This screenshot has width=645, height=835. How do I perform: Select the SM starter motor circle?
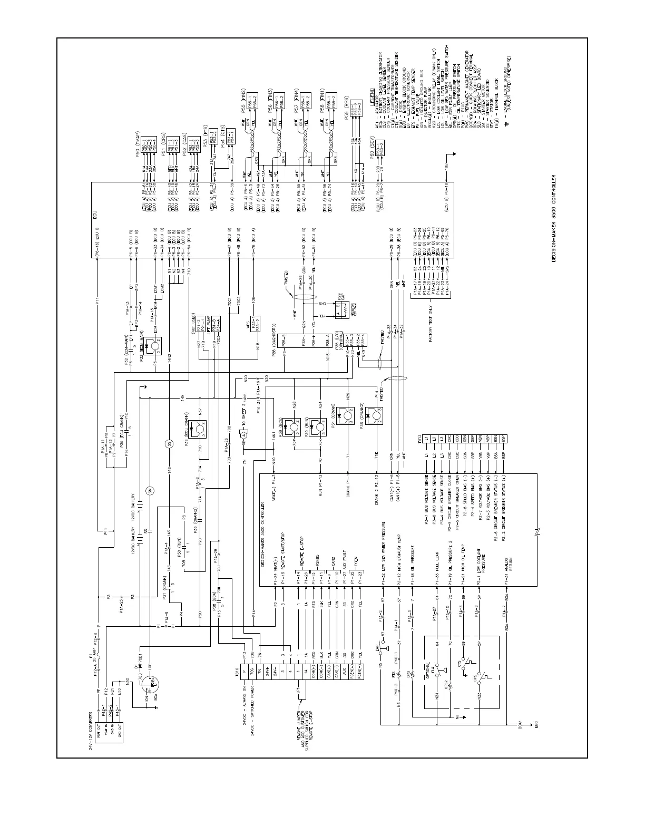(150, 491)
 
